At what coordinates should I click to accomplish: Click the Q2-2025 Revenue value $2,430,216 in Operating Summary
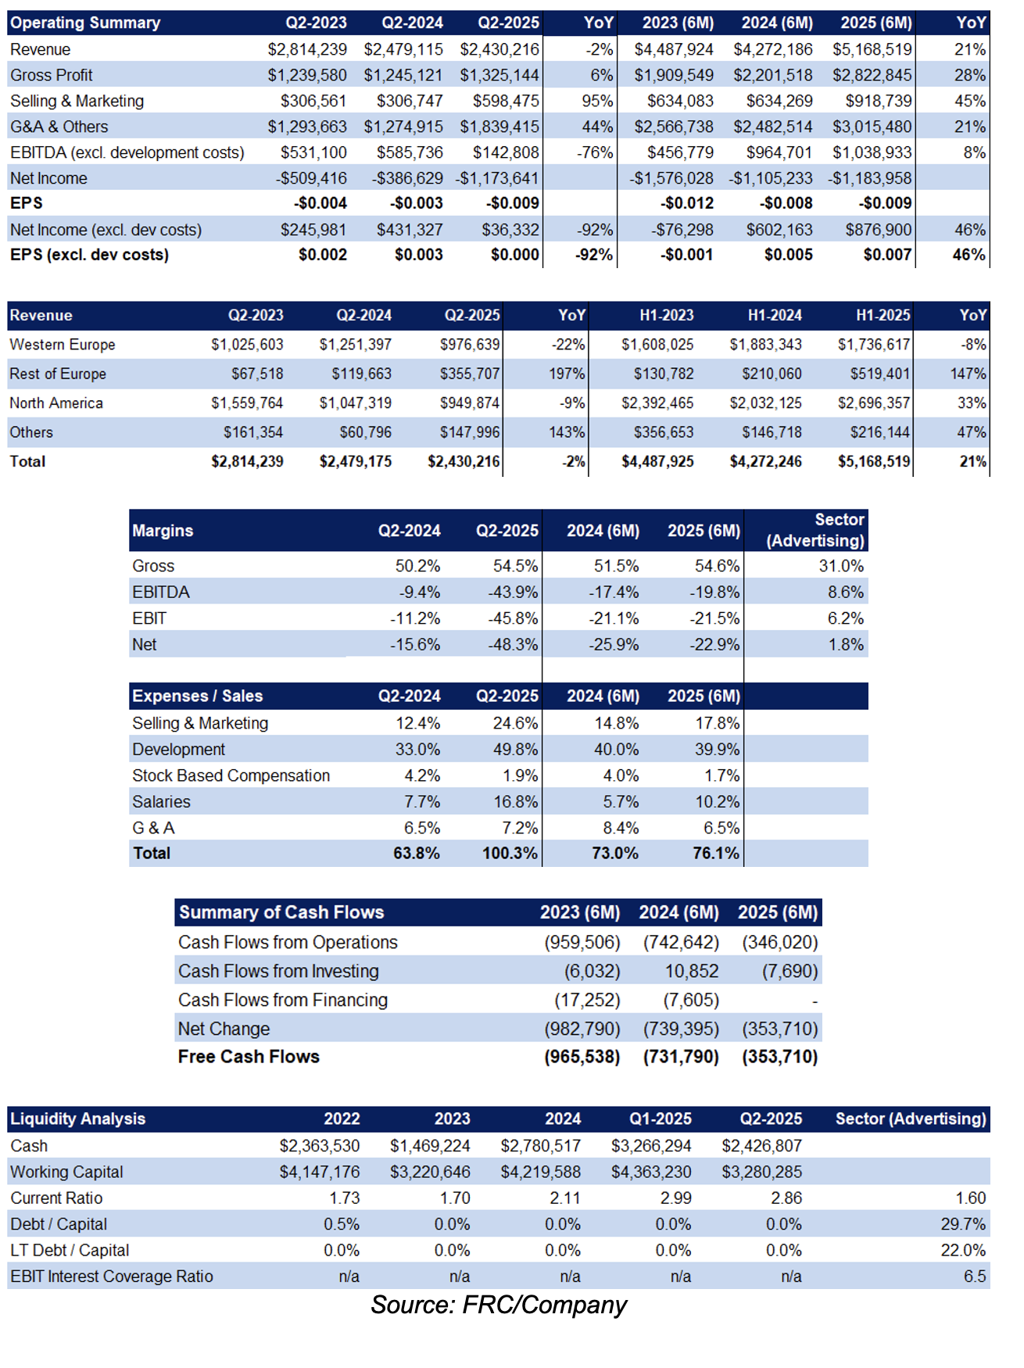499,49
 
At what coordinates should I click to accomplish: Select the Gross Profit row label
52,75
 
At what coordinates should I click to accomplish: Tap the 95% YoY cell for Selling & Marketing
598,101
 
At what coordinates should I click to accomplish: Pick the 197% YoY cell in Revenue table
567,374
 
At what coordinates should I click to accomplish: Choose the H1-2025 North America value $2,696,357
874,403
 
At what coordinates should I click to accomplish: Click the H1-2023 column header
667,315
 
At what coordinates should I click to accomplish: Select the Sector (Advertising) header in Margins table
815,530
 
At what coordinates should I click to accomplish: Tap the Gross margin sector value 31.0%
841,566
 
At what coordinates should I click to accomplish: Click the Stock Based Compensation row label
231,775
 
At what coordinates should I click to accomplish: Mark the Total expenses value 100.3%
510,853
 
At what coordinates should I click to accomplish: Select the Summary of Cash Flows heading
281,912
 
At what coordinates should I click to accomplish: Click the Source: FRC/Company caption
499,1305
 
